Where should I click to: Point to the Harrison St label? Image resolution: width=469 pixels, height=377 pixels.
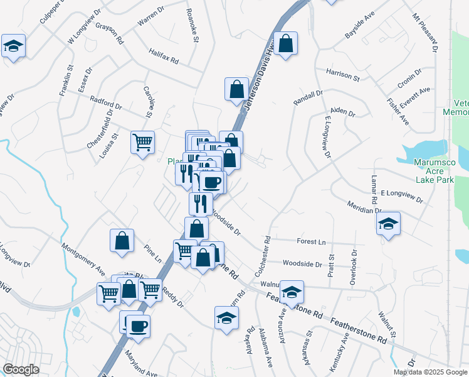coord(342,75)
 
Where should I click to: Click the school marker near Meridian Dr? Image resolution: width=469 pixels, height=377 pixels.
coord(389,224)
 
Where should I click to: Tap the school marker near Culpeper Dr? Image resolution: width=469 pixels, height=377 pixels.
coord(13,46)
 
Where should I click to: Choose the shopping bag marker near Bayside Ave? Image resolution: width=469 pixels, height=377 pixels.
coord(285,44)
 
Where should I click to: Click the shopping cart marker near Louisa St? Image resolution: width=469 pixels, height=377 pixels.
coord(143,141)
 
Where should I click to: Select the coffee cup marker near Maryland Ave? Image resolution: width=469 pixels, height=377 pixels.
coord(139,326)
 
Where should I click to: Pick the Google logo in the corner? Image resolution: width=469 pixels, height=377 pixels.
coord(21,369)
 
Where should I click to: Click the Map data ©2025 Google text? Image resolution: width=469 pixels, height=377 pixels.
coord(431,372)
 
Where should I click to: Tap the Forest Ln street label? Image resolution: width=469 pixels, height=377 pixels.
coord(312,241)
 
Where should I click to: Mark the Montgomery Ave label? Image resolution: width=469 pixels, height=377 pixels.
coord(83,256)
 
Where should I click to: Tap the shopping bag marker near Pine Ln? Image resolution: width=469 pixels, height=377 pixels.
coord(122,240)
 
